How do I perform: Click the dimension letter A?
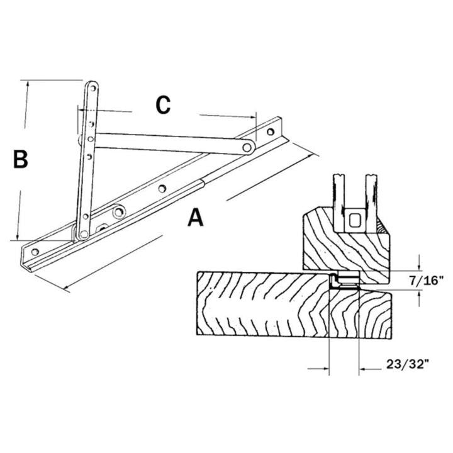[x=196, y=218]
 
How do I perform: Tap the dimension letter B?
[x=20, y=159]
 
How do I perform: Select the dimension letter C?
[x=163, y=105]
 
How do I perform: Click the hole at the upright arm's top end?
[x=91, y=87]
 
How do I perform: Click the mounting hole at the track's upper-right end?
[x=271, y=132]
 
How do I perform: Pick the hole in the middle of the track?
[x=162, y=187]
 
